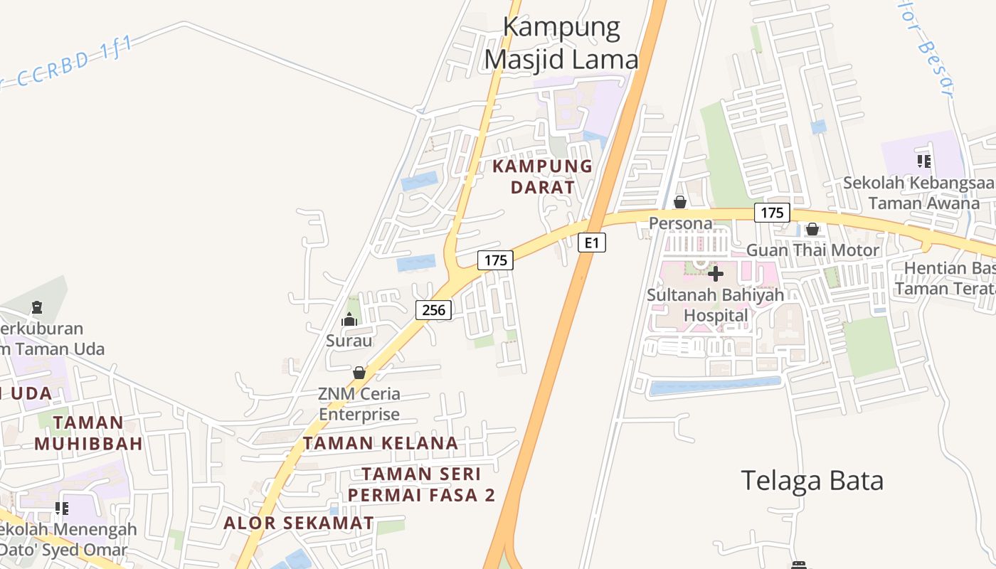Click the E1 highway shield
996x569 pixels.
click(x=591, y=243)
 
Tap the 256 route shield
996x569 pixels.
click(x=433, y=309)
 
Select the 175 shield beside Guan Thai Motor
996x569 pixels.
click(x=772, y=212)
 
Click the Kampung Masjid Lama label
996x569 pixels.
click(x=561, y=44)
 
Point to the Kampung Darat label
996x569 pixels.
click(x=543, y=176)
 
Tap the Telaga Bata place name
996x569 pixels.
click(x=812, y=481)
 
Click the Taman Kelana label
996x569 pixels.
click(x=381, y=443)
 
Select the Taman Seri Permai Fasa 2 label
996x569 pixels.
click(x=421, y=484)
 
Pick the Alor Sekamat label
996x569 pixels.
click(x=299, y=523)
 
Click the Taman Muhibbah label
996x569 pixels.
click(x=88, y=433)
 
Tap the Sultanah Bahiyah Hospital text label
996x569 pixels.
click(x=715, y=304)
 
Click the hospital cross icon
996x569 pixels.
click(x=716, y=273)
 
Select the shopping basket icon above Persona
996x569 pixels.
click(x=680, y=202)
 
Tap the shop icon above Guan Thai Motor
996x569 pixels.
click(x=812, y=229)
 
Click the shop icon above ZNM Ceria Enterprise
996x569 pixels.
click(x=359, y=373)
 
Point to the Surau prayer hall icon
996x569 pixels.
click(x=349, y=320)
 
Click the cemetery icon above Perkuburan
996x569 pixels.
click(x=37, y=308)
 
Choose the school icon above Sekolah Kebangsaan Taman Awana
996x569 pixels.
click(x=924, y=161)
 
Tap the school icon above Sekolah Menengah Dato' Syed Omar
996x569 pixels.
click(x=62, y=508)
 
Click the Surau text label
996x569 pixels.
click(x=349, y=341)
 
